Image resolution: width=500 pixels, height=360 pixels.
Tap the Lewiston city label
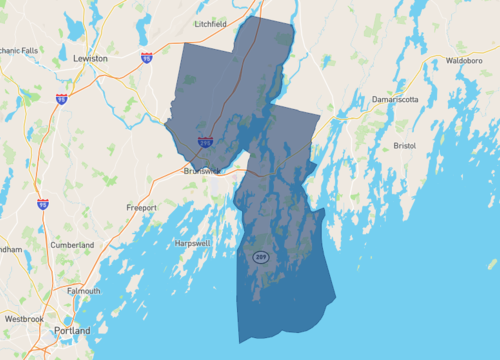coord(90,59)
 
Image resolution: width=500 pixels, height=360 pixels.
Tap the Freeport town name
coord(142,207)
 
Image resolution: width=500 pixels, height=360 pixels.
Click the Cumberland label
coord(72,245)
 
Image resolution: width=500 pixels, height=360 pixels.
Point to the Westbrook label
coord(23,318)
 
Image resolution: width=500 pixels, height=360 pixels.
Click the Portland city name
coord(71,331)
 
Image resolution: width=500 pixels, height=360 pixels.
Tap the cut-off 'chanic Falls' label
coord(21,49)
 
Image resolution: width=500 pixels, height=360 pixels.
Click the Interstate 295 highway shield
coord(205,144)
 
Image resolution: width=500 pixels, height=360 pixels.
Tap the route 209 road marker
coord(260,257)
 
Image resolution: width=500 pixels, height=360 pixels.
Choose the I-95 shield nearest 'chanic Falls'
coord(62,99)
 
